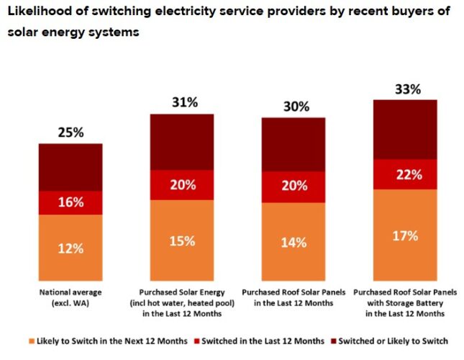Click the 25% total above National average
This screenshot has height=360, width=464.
click(x=70, y=132)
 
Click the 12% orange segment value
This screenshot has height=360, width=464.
click(x=70, y=248)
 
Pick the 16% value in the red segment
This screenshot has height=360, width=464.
click(x=70, y=203)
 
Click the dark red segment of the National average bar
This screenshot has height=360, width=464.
click(x=70, y=167)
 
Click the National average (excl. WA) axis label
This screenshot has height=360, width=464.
click(x=70, y=298)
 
